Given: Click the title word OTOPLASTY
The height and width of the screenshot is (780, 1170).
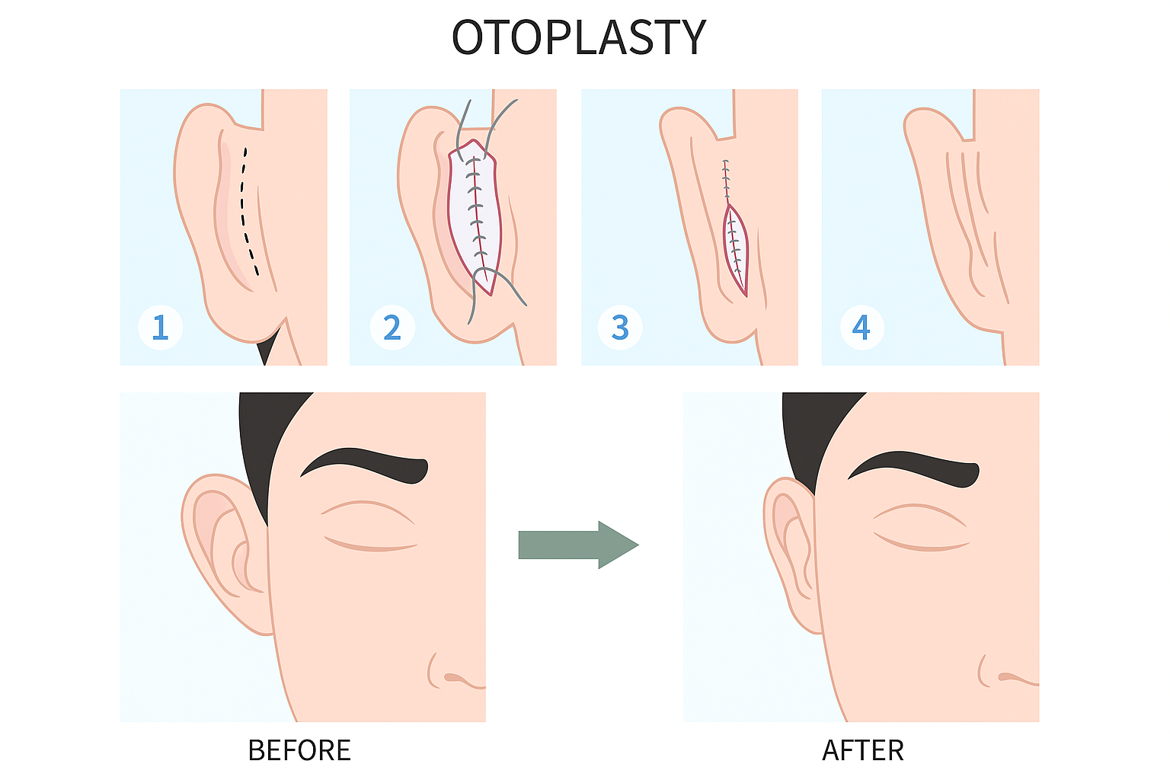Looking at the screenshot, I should click(579, 37).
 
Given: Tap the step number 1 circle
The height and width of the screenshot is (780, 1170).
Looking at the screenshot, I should click(160, 328).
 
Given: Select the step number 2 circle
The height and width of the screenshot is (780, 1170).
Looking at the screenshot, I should click(392, 328).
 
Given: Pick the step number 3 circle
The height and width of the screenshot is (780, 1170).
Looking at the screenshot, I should click(620, 328).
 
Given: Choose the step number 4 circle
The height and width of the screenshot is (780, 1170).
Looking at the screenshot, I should click(861, 328).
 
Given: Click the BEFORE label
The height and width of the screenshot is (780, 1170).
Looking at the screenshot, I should click(299, 751).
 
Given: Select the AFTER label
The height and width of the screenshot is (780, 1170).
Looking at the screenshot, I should click(863, 751).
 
